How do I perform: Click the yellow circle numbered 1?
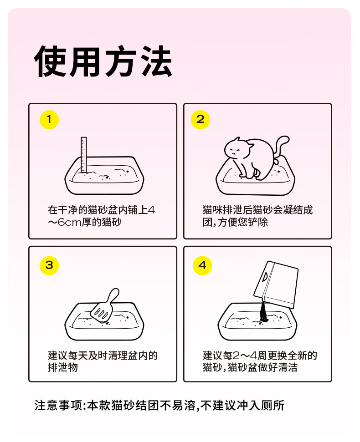[49, 120]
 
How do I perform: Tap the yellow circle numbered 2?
[201, 120]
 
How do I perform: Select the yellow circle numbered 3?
[49, 265]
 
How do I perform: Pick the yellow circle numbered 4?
[202, 265]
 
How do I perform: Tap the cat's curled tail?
[281, 148]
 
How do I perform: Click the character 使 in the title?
[51, 61]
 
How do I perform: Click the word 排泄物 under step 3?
[62, 368]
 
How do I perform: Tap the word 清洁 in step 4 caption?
[288, 368]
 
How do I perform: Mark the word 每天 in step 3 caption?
[78, 356]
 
